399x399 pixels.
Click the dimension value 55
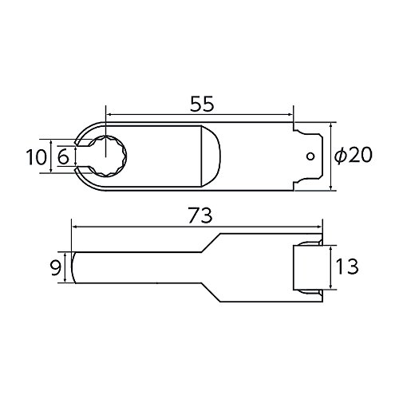point(202,104)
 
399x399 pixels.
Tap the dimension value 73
point(200,215)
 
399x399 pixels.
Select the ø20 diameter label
point(353,156)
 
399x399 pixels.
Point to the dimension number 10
point(36,157)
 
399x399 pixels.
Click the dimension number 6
point(63,157)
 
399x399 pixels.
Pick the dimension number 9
point(56,268)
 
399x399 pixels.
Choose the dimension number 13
point(347,267)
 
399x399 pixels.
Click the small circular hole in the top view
point(310,156)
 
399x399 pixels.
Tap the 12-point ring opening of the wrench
point(108,156)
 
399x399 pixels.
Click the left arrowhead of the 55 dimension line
point(109,115)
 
